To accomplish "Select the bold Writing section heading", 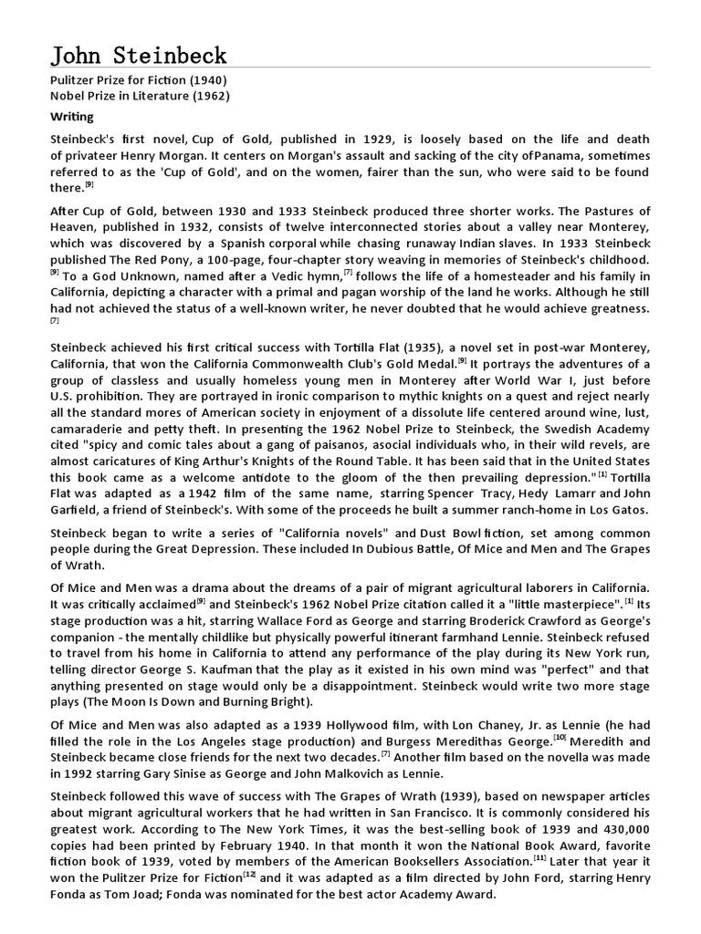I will pyautogui.click(x=71, y=117).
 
